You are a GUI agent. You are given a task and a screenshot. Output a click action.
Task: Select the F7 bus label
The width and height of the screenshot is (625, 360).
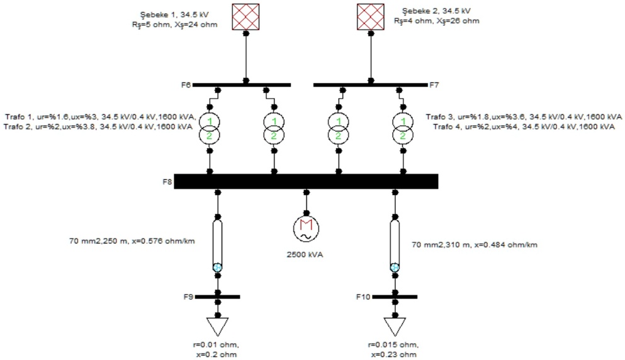[x=434, y=84]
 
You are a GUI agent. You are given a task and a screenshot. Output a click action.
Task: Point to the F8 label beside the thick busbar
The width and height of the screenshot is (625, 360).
[x=166, y=181]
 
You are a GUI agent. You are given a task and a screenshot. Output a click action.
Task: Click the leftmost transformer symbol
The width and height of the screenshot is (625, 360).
[x=210, y=128]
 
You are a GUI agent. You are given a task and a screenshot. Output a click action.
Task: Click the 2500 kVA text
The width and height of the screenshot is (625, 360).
[x=307, y=254]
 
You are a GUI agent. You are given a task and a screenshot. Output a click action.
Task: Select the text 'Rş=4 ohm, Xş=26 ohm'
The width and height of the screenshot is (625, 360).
[x=436, y=21]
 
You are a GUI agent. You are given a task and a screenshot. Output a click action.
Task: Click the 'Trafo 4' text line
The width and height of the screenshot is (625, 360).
[x=520, y=127]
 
